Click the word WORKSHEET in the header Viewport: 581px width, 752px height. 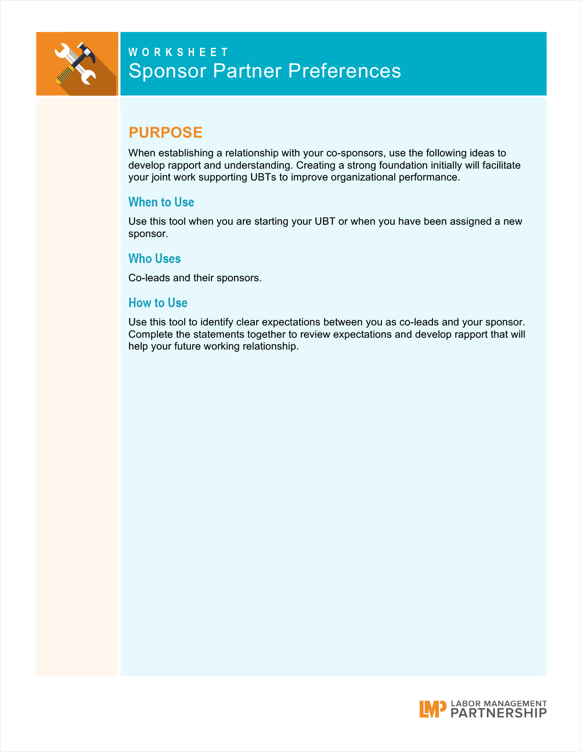point(178,52)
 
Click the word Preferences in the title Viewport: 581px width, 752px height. point(344,71)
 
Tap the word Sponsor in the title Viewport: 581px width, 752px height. point(167,71)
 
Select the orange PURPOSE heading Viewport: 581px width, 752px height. point(165,132)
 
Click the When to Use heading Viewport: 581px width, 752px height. point(161,202)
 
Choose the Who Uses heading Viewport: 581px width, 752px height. point(154,258)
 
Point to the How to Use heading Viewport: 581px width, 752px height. point(158,303)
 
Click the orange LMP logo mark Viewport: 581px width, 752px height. point(432,709)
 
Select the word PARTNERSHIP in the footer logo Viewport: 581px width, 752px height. point(499,713)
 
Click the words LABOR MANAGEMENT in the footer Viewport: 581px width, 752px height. point(499,704)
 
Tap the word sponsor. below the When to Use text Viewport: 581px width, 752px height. point(148,234)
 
